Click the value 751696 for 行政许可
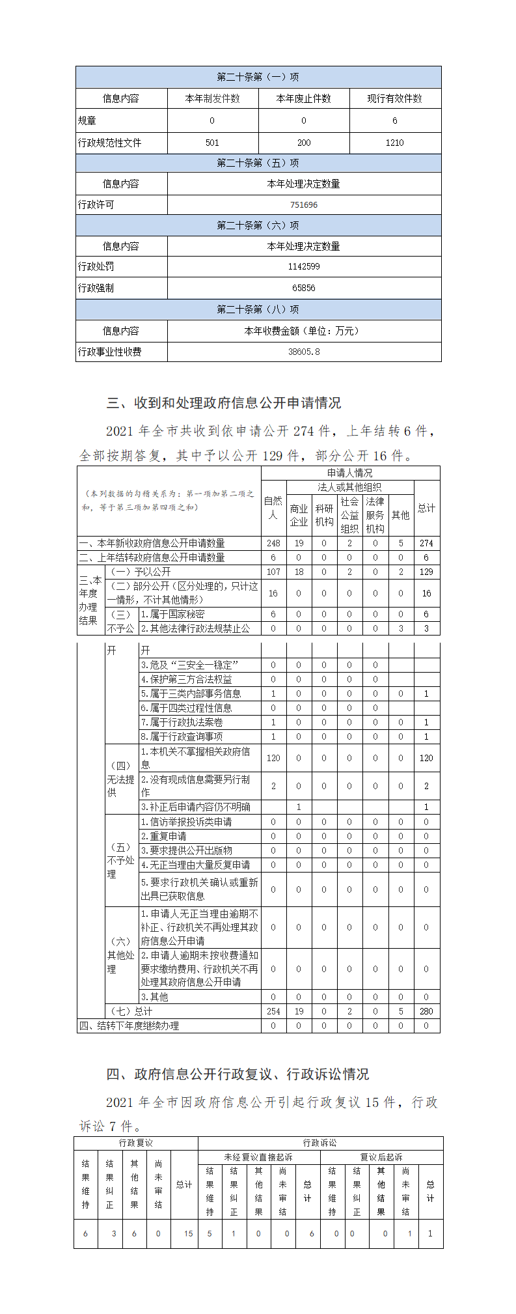click(303, 204)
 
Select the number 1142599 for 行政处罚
click(303, 266)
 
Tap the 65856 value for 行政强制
click(303, 288)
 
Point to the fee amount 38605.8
click(303, 352)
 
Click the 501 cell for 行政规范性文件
click(212, 143)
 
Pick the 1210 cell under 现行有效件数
click(394, 143)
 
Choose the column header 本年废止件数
click(303, 98)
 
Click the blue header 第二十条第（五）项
click(258, 163)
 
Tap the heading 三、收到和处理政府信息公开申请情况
click(223, 403)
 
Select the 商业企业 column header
click(299, 515)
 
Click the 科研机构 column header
click(324, 515)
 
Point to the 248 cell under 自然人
click(273, 543)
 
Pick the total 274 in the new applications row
click(426, 543)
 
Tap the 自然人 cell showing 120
click(273, 758)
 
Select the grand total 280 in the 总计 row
click(426, 1011)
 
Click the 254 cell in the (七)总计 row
click(273, 1011)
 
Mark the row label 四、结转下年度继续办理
click(129, 1026)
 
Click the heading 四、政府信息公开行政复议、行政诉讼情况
click(238, 1074)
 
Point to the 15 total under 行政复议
click(188, 1233)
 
